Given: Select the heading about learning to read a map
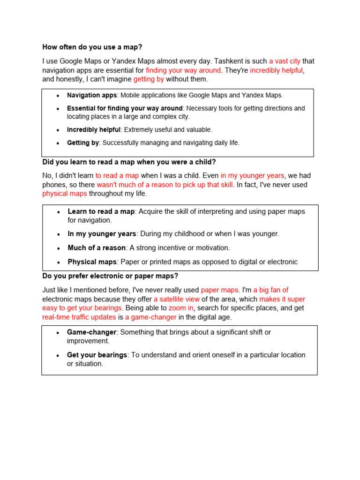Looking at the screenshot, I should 129,162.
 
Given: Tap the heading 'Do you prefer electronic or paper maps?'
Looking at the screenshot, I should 110,276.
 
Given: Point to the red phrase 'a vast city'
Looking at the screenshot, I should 285,61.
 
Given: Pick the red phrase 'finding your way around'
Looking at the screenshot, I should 183,70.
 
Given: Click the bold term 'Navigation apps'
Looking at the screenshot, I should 91,95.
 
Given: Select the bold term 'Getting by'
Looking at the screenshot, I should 82,143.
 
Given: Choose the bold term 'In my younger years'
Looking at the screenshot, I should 102,233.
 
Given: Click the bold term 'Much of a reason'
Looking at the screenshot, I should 97,247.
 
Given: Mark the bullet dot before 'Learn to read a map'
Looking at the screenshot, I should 58,212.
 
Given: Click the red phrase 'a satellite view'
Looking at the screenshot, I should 177,299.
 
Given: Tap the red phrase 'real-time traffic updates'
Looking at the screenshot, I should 79,317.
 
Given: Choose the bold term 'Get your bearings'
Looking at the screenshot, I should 97,355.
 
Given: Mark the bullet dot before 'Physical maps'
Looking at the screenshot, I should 58,262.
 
